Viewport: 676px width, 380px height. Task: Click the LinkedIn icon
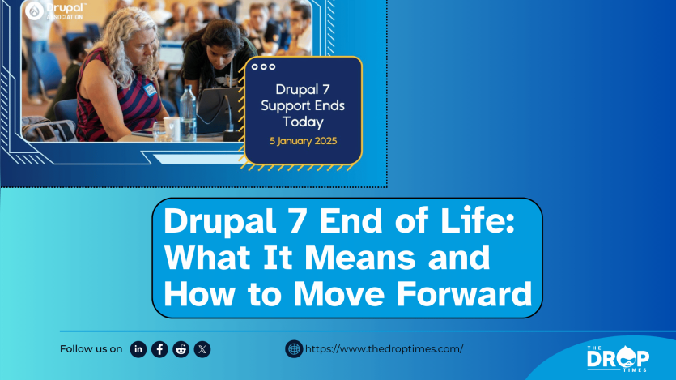pos(138,349)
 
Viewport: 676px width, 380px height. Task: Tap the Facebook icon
pos(159,349)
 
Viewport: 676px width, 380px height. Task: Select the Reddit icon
pos(181,349)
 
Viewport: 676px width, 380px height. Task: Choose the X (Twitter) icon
pos(202,349)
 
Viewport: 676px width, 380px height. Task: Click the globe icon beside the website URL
pos(294,348)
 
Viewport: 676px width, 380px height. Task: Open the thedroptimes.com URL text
pos(384,349)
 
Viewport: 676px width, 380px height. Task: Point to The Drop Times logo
pos(618,358)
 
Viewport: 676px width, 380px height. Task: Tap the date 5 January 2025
pos(303,141)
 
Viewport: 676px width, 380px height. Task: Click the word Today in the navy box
pos(303,122)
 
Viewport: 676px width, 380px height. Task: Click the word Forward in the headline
pos(464,294)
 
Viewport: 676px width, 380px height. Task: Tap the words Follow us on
pos(91,349)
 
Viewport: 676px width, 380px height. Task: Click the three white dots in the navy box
pos(263,67)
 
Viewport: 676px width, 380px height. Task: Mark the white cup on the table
pos(172,129)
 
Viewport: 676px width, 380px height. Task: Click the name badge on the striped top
pos(150,90)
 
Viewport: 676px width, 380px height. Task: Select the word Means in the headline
pos(360,258)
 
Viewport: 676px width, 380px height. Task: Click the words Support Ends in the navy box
pos(303,105)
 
